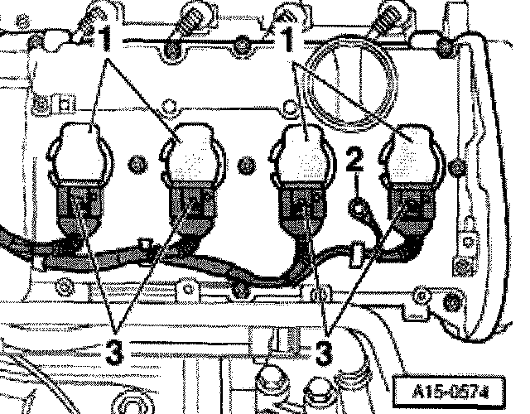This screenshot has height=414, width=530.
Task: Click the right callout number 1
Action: click(290, 36)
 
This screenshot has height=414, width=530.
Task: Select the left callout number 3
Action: click(116, 349)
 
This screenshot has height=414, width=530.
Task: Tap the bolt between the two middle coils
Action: click(246, 166)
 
